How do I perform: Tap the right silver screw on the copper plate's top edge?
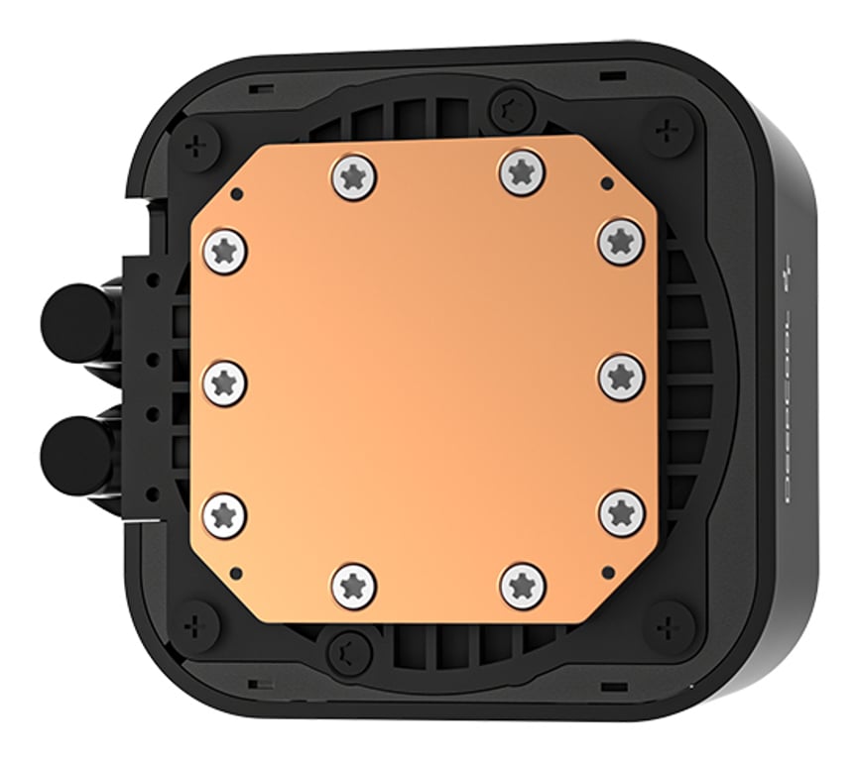click(523, 172)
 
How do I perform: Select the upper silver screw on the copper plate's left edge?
click(224, 251)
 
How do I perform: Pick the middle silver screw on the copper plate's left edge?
click(224, 381)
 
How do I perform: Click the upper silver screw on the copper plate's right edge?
click(622, 240)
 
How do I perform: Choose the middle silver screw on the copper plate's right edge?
click(622, 377)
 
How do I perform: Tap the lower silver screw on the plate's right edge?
click(622, 511)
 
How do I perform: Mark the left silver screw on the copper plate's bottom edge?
click(354, 586)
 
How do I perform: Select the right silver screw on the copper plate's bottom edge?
click(523, 586)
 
